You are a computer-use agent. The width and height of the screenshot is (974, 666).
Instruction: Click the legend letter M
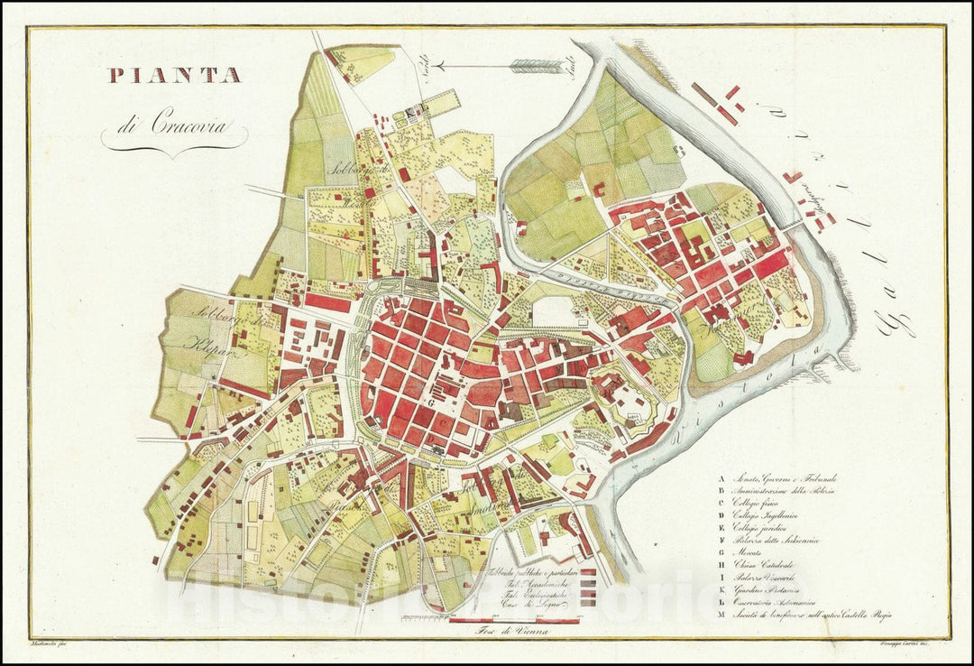click(x=721, y=615)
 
